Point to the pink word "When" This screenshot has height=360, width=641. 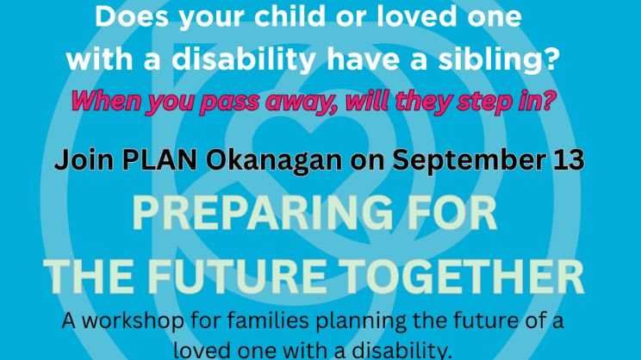[105, 101]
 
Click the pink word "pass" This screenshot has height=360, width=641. [229, 102]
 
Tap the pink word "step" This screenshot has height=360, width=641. [487, 102]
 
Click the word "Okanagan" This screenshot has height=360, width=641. [273, 160]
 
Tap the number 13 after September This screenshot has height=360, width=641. [569, 159]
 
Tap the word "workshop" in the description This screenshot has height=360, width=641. [134, 320]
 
